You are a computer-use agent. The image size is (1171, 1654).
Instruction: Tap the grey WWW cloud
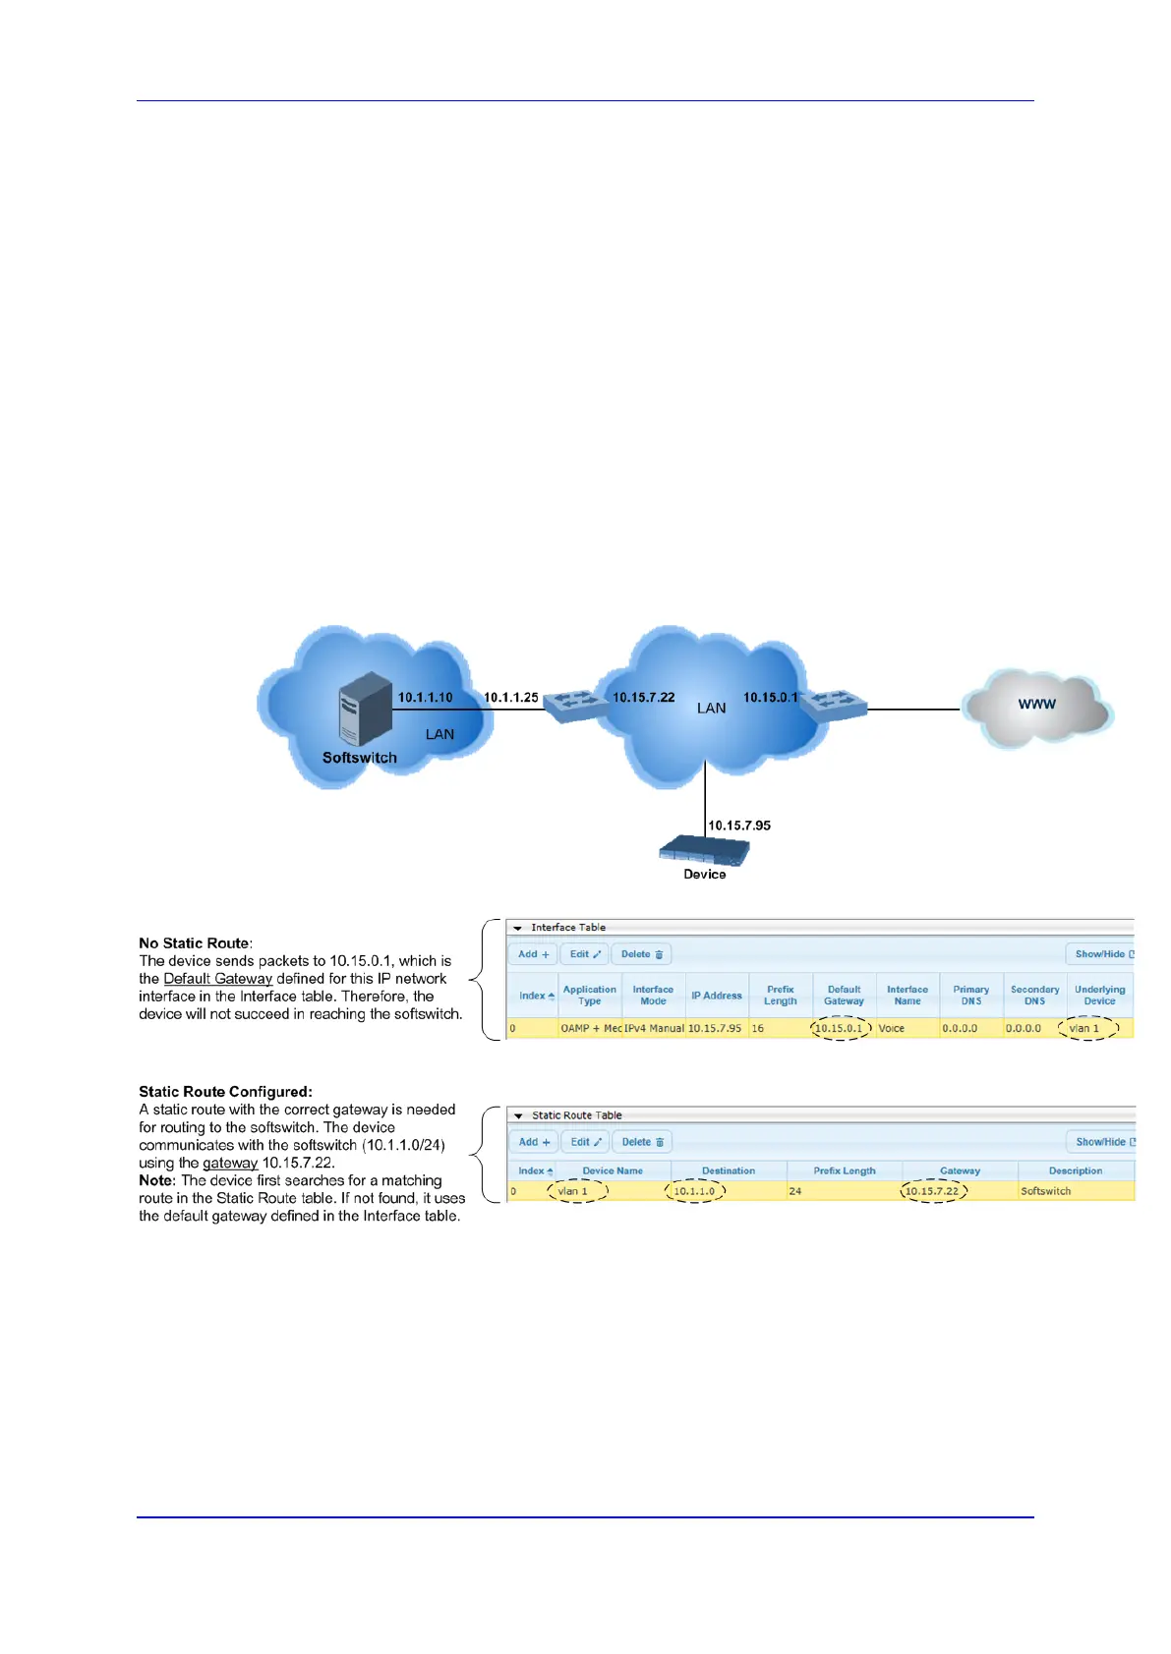click(x=1036, y=706)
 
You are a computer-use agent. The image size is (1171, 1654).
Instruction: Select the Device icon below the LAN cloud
click(x=704, y=850)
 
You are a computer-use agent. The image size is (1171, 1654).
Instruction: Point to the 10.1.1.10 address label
click(x=425, y=698)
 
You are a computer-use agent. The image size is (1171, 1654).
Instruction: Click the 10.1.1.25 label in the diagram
click(x=510, y=698)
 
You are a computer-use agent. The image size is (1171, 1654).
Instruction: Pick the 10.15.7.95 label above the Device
click(x=739, y=826)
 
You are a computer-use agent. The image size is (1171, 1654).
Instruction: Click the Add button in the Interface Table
click(x=533, y=954)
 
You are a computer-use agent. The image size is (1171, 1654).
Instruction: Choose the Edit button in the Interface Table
click(x=585, y=954)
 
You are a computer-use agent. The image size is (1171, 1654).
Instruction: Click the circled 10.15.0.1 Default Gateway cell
click(x=840, y=1028)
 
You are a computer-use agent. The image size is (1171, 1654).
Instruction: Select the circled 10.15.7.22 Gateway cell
click(x=932, y=1191)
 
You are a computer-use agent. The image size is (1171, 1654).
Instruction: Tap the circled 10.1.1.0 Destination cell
click(x=694, y=1191)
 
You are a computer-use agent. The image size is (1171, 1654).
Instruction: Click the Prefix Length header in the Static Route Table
click(x=844, y=1170)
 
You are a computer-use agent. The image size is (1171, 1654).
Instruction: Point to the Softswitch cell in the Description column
click(x=1045, y=1191)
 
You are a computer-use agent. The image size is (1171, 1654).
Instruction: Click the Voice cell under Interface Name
click(x=891, y=1028)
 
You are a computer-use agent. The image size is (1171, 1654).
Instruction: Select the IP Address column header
click(x=716, y=996)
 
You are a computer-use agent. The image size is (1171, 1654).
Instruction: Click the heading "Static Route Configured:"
click(x=225, y=1091)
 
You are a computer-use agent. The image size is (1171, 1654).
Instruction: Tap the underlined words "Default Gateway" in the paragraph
click(x=217, y=979)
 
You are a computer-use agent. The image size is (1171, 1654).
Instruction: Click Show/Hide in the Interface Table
click(x=1102, y=954)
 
